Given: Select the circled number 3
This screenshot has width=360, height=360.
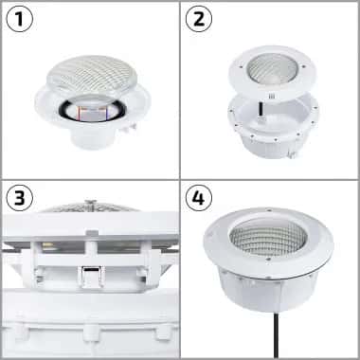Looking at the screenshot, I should pyautogui.click(x=21, y=200).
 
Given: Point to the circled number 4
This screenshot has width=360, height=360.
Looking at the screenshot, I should pyautogui.click(x=200, y=200).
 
